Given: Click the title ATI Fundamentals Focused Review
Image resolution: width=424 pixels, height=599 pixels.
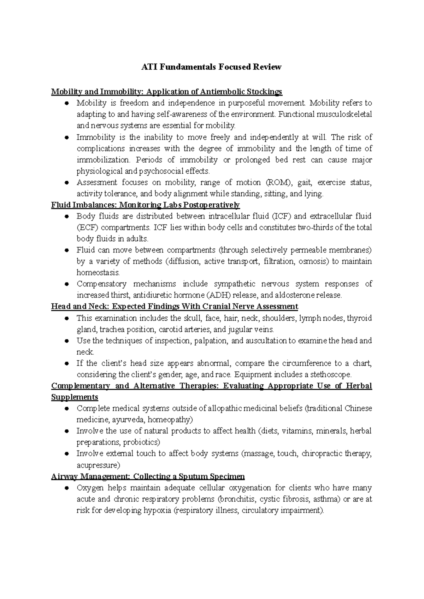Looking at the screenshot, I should click(x=211, y=67).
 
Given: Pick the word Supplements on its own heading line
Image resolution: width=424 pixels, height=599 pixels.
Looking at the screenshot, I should click(x=75, y=397).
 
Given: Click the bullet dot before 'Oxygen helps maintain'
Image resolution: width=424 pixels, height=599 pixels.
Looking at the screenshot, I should click(x=66, y=488).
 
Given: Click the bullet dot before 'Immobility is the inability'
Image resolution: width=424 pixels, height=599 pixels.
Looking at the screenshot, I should click(x=66, y=138).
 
